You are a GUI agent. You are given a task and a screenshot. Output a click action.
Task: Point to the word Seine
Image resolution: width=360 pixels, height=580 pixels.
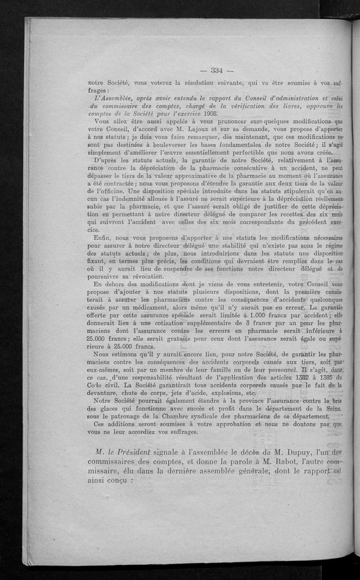coord(332,408)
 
